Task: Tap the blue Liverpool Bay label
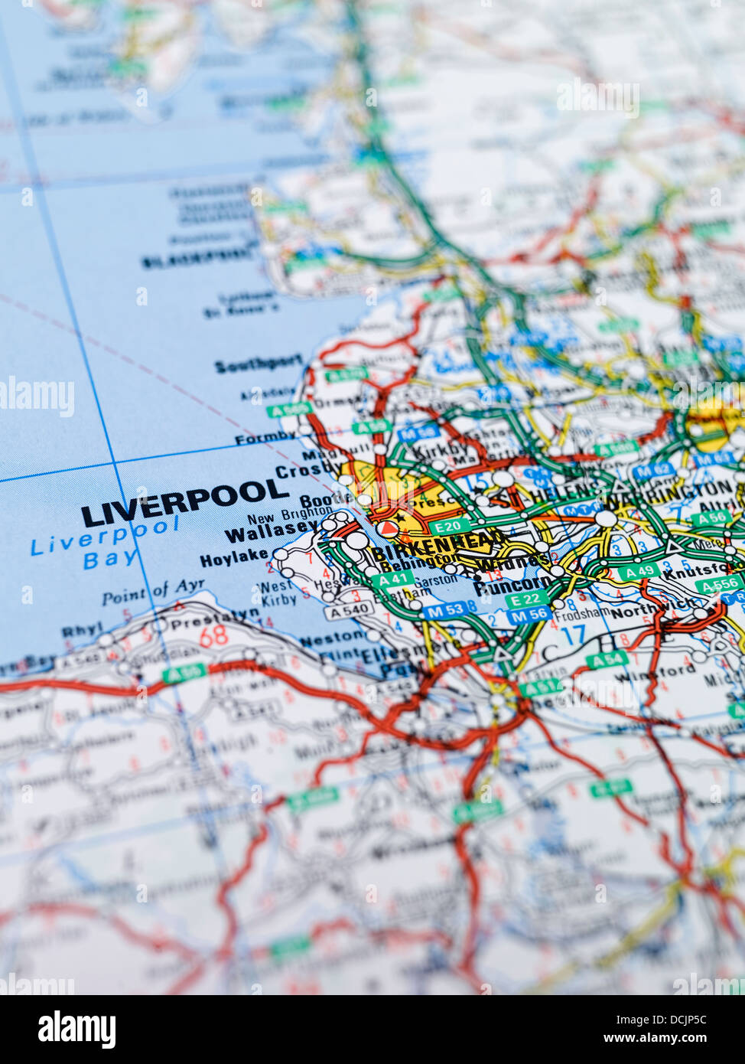pyautogui.click(x=105, y=543)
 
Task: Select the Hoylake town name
pyautogui.click(x=234, y=558)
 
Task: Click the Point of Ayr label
pyautogui.click(x=153, y=592)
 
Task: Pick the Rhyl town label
pyautogui.click(x=82, y=631)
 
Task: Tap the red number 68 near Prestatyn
pyautogui.click(x=213, y=635)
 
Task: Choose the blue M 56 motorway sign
pyautogui.click(x=529, y=614)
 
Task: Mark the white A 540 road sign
pyautogui.click(x=350, y=610)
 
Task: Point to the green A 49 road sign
pyautogui.click(x=638, y=571)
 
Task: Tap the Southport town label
pyautogui.click(x=259, y=365)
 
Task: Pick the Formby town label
pyautogui.click(x=265, y=439)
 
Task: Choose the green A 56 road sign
pyautogui.click(x=711, y=518)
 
